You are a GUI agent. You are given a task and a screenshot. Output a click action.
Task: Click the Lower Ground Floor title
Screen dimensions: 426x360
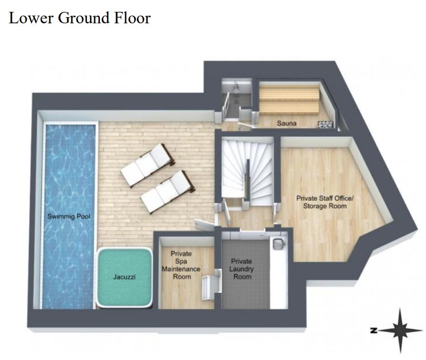click(79, 18)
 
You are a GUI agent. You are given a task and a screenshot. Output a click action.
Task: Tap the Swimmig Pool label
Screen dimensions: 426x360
click(69, 216)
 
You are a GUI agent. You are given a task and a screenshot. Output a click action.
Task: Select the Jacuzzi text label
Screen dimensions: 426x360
click(124, 277)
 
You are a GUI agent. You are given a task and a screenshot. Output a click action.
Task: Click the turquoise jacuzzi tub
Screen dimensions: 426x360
click(124, 278)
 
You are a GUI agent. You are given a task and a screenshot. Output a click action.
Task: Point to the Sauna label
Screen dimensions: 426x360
click(287, 123)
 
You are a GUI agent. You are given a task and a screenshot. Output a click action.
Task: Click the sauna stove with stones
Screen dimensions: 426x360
click(326, 124)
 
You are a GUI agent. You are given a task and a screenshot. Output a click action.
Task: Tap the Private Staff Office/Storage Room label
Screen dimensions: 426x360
click(325, 202)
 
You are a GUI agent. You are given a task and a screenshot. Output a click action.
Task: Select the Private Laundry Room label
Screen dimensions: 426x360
click(242, 269)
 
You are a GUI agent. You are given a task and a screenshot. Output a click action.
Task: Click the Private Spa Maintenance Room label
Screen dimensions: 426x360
click(181, 265)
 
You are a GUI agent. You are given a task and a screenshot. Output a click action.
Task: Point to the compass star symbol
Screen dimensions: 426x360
click(400, 331)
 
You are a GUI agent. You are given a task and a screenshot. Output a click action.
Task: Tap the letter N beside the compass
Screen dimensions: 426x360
click(374, 331)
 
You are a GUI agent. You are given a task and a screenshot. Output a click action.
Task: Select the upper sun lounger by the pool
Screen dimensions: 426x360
click(147, 165)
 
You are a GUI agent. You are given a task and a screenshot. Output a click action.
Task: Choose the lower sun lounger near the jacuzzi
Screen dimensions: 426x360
click(168, 192)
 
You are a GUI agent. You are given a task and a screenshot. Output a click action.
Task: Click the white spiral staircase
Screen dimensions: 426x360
click(247, 171)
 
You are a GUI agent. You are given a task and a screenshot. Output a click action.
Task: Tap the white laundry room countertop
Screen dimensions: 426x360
click(279, 272)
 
